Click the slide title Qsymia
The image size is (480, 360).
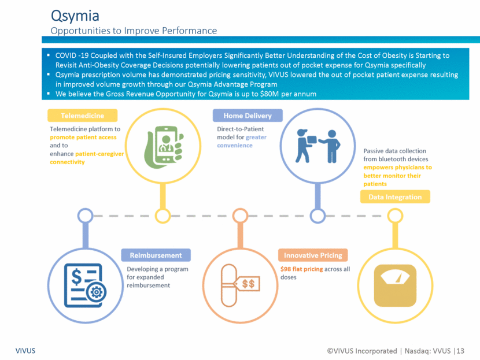[x=75, y=16]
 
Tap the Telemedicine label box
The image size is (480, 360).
[x=82, y=116]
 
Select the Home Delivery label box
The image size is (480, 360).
[x=248, y=116]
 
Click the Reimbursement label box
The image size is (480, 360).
[x=156, y=255]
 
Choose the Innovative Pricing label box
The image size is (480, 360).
[x=313, y=255]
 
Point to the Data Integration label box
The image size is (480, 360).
[x=395, y=196]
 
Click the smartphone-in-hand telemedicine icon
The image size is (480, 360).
[x=164, y=147]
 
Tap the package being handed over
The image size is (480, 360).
[x=312, y=139]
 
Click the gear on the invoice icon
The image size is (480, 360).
[x=97, y=292]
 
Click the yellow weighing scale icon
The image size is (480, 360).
[x=395, y=285]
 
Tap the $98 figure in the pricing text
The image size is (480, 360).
[x=286, y=269]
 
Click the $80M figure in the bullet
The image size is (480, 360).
[x=269, y=94]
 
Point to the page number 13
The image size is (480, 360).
[x=460, y=351]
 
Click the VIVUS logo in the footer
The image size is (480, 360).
[x=25, y=351]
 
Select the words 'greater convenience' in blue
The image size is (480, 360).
[x=242, y=142]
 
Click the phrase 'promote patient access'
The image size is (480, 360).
[x=83, y=138]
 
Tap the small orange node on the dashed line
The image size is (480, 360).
[x=241, y=216]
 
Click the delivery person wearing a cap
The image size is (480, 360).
[x=303, y=146]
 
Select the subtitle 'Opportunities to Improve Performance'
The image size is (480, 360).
[x=134, y=31]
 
